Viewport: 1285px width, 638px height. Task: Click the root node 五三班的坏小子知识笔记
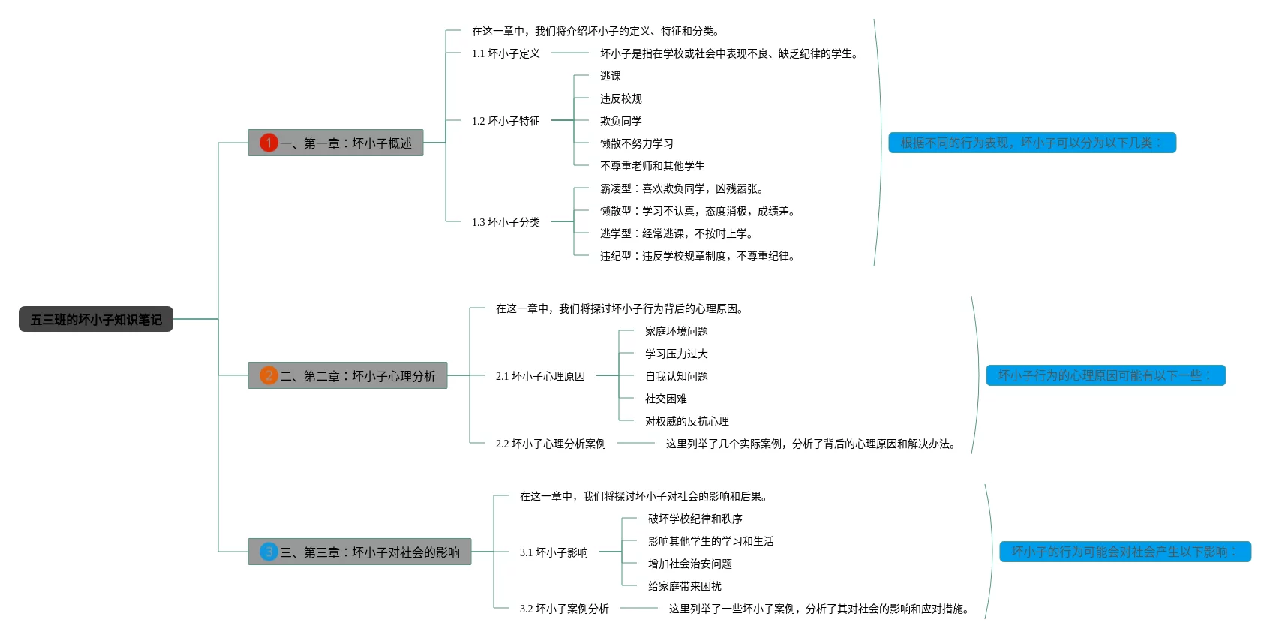pos(96,319)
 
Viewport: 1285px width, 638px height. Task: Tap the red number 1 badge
pos(269,143)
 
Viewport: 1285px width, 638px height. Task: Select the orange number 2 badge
pos(269,375)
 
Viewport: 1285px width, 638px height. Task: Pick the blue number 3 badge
pos(269,552)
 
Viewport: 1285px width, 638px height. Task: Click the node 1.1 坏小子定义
pos(506,53)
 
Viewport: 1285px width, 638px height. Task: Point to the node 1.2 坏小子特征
pos(506,121)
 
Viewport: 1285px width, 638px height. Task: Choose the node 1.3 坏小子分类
pos(506,222)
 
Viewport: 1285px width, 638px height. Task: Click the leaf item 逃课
pos(611,76)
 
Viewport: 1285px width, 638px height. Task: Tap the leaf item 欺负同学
pos(621,121)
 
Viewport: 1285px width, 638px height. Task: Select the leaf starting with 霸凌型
pos(681,188)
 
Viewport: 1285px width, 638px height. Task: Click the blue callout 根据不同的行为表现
pos(1031,143)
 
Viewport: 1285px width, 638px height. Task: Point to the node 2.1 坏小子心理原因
pos(540,376)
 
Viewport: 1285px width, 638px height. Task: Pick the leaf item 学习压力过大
pos(677,354)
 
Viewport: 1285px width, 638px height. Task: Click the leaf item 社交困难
pos(666,399)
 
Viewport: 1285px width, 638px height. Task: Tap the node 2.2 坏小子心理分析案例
pos(551,444)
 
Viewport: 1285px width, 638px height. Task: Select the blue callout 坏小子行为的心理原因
pos(1105,375)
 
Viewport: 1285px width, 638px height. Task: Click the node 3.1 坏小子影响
pos(554,552)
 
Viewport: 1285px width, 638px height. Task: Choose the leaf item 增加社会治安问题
pos(690,564)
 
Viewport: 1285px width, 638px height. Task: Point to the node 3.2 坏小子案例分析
pos(564,609)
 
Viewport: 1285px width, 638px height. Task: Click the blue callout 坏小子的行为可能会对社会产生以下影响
pos(1124,552)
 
